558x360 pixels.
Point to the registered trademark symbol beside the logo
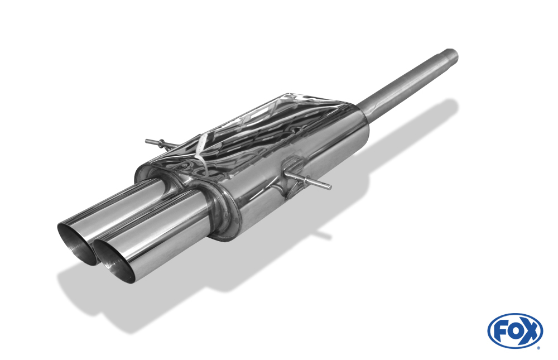(x=539, y=348)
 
